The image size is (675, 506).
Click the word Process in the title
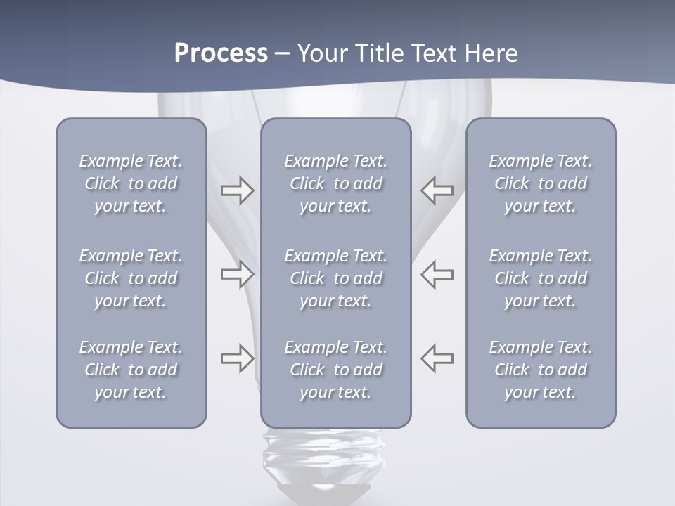point(221,53)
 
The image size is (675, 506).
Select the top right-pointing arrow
point(237,190)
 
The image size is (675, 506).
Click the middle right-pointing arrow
point(237,274)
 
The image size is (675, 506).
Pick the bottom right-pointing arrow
point(237,358)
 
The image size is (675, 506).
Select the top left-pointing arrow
point(437,190)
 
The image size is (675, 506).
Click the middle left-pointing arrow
point(437,274)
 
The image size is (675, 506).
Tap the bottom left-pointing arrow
point(437,358)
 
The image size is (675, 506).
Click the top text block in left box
point(131,183)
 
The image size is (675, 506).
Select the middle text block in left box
point(131,278)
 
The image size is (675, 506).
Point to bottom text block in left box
point(131,370)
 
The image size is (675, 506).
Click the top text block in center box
point(336,183)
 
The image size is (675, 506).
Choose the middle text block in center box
point(336,278)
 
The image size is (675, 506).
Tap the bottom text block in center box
point(336,370)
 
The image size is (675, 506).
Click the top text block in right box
point(541,183)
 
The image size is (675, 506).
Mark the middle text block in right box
point(541,278)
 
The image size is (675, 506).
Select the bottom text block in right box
point(541,370)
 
